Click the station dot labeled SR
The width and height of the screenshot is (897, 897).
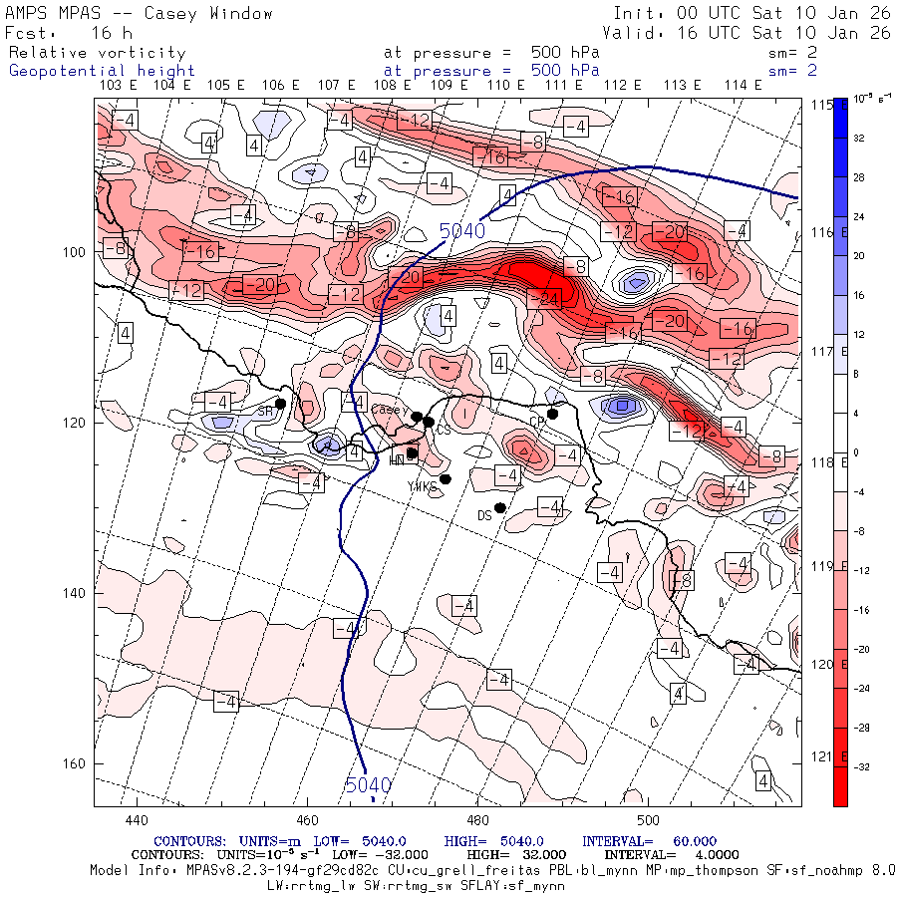click(x=281, y=404)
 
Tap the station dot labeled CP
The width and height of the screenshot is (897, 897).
click(x=552, y=414)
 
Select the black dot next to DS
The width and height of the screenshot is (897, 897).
click(x=500, y=507)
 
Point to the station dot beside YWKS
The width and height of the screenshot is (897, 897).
click(x=446, y=479)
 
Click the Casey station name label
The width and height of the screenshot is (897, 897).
click(x=390, y=410)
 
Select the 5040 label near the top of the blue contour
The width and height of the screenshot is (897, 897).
click(x=461, y=231)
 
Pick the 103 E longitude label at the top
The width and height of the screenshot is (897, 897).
click(x=119, y=86)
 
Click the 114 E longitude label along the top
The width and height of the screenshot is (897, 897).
click(x=743, y=86)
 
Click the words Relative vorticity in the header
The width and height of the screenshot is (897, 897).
click(x=98, y=52)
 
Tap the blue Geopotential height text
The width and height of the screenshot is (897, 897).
click(x=103, y=71)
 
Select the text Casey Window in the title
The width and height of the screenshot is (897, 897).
click(x=208, y=14)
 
